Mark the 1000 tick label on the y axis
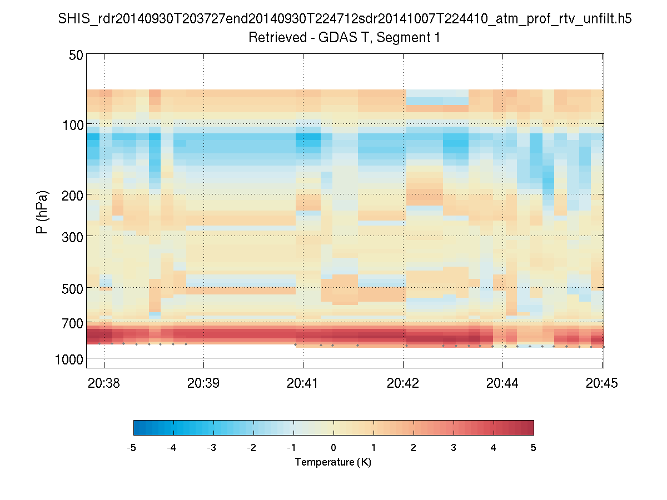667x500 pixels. click(69, 360)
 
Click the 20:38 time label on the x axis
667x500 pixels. click(103, 383)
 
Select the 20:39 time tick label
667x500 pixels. click(203, 383)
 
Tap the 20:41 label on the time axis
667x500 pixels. click(303, 383)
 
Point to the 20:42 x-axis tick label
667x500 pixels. click(403, 383)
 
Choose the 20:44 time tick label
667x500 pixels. click(502, 383)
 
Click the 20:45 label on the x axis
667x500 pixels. click(603, 383)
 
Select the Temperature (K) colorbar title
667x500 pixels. click(333, 462)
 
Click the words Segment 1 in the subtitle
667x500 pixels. click(409, 38)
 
